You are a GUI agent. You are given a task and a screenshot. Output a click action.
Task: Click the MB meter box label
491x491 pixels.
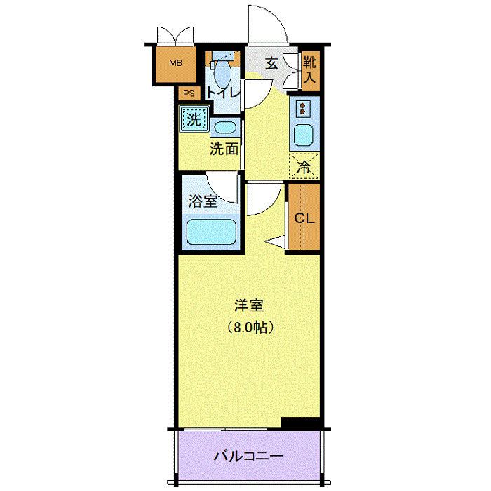coord(175,62)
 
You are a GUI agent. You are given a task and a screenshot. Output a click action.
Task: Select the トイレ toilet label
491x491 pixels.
coord(223,92)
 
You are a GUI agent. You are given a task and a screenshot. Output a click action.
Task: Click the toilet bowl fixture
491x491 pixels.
coord(222,72)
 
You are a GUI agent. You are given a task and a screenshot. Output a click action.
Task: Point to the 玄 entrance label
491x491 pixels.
coord(271,63)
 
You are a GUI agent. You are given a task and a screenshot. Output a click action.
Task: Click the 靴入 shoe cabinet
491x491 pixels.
coord(309,70)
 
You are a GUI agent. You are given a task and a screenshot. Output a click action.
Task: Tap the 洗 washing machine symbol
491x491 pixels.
coord(192,118)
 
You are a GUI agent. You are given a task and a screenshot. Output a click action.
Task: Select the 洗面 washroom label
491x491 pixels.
coord(224,149)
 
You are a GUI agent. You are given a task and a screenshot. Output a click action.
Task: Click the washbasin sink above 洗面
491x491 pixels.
coord(224,128)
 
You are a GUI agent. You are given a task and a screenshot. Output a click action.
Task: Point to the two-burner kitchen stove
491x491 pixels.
coord(304,108)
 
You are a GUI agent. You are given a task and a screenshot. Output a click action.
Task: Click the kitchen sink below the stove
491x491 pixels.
coord(304,134)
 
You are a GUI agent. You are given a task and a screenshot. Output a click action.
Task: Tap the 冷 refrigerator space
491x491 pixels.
coord(304,166)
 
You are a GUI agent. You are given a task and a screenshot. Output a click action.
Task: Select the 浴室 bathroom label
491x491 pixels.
coord(203,202)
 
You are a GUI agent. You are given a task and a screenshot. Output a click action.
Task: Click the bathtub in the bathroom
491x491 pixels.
coord(210,231)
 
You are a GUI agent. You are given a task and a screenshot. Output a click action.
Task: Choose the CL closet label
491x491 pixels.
coord(304,217)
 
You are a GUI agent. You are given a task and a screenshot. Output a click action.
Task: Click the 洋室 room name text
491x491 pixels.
coord(249,306)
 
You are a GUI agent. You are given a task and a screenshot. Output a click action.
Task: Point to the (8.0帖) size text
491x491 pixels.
coord(249,327)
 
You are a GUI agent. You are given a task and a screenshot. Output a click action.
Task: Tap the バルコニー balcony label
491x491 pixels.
coord(248,456)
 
